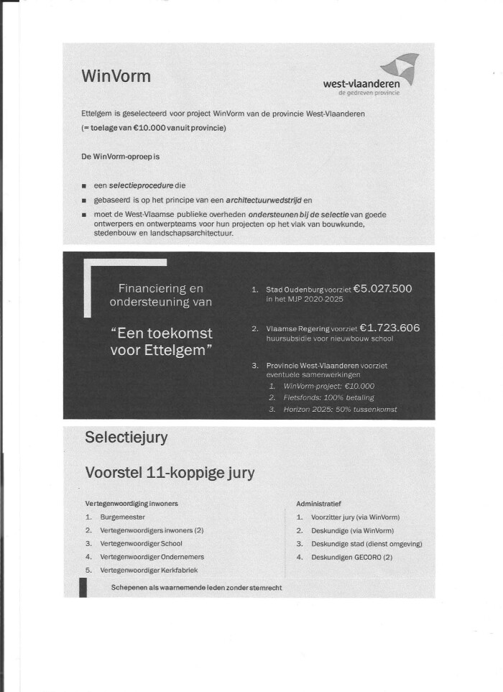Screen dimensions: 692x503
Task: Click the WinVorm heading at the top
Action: point(116,76)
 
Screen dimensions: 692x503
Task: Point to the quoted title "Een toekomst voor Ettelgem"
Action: point(161,341)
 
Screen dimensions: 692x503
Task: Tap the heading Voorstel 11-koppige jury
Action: point(170,473)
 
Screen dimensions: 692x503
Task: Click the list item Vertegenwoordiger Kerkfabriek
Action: point(149,570)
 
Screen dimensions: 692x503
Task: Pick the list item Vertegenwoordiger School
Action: point(141,543)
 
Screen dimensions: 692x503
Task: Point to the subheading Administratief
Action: point(318,503)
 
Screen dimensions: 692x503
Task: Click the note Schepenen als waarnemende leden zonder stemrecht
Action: point(196,588)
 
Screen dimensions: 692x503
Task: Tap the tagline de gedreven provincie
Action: point(369,93)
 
